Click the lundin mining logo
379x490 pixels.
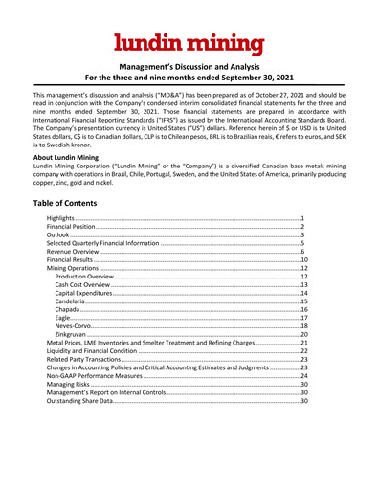tap(189, 42)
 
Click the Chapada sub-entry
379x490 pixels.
tap(72, 334)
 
